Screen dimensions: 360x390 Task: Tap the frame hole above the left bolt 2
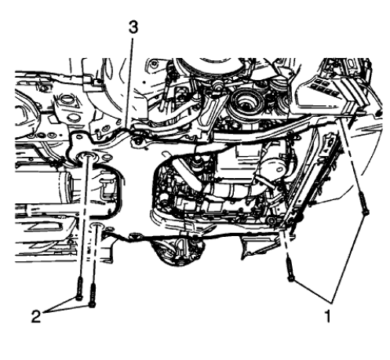pyautogui.click(x=86, y=161)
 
